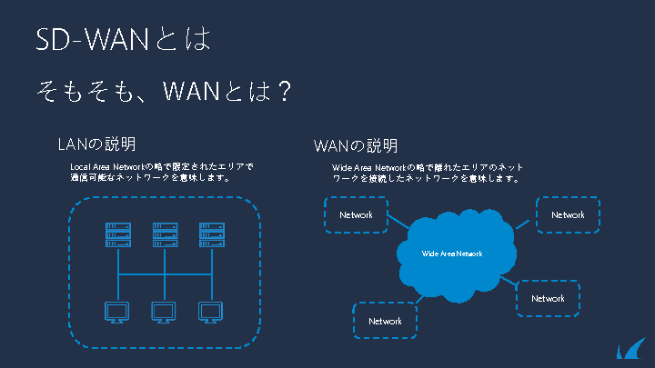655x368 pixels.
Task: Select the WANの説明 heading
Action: point(355,145)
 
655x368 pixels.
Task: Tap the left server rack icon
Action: point(117,234)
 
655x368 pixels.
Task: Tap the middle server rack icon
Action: point(165,234)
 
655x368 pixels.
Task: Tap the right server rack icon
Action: point(211,234)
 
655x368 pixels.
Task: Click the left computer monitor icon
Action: point(117,313)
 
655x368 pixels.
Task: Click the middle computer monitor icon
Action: point(165,313)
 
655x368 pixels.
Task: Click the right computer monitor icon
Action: point(211,313)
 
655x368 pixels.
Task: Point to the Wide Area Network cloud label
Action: point(452,254)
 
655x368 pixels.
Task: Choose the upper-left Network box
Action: point(356,215)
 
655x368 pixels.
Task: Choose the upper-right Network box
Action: point(568,215)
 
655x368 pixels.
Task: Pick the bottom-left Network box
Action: point(385,322)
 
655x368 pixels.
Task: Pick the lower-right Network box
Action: point(548,299)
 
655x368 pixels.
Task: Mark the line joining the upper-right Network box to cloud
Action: point(525,223)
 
